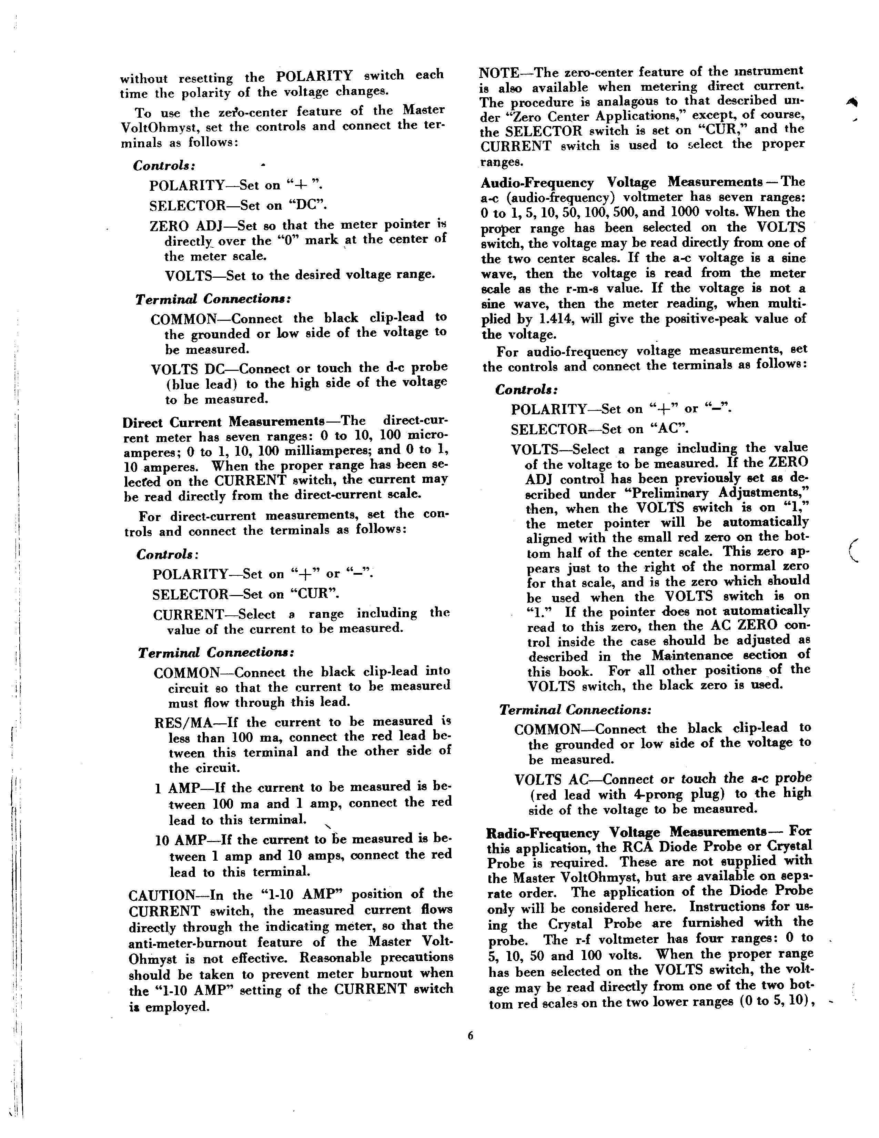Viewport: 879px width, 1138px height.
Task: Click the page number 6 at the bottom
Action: click(470, 1036)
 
